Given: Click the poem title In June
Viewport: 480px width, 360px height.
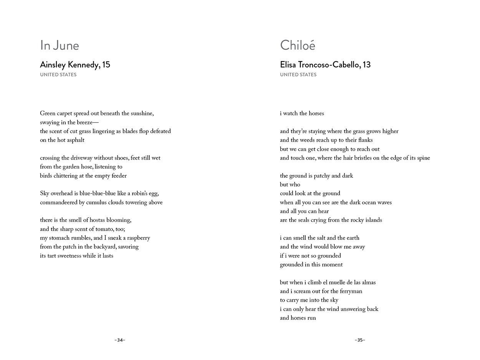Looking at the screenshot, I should point(60,45).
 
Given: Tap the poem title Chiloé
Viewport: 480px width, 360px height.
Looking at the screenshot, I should point(298,45).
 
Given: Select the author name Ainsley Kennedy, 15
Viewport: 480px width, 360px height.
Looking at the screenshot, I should point(75,64).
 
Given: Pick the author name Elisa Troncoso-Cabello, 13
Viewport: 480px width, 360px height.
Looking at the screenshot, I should point(325,64).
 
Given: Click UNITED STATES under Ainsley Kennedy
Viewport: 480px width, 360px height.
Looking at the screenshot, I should point(58,74).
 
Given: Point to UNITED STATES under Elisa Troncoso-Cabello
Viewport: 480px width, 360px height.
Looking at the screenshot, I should point(298,74).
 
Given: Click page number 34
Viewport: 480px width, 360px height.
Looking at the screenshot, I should point(120,340).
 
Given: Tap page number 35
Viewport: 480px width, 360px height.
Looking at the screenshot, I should point(360,340).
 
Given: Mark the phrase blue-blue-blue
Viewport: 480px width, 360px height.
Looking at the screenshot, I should point(98,193).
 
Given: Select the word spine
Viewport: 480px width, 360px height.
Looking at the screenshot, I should point(423,158).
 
